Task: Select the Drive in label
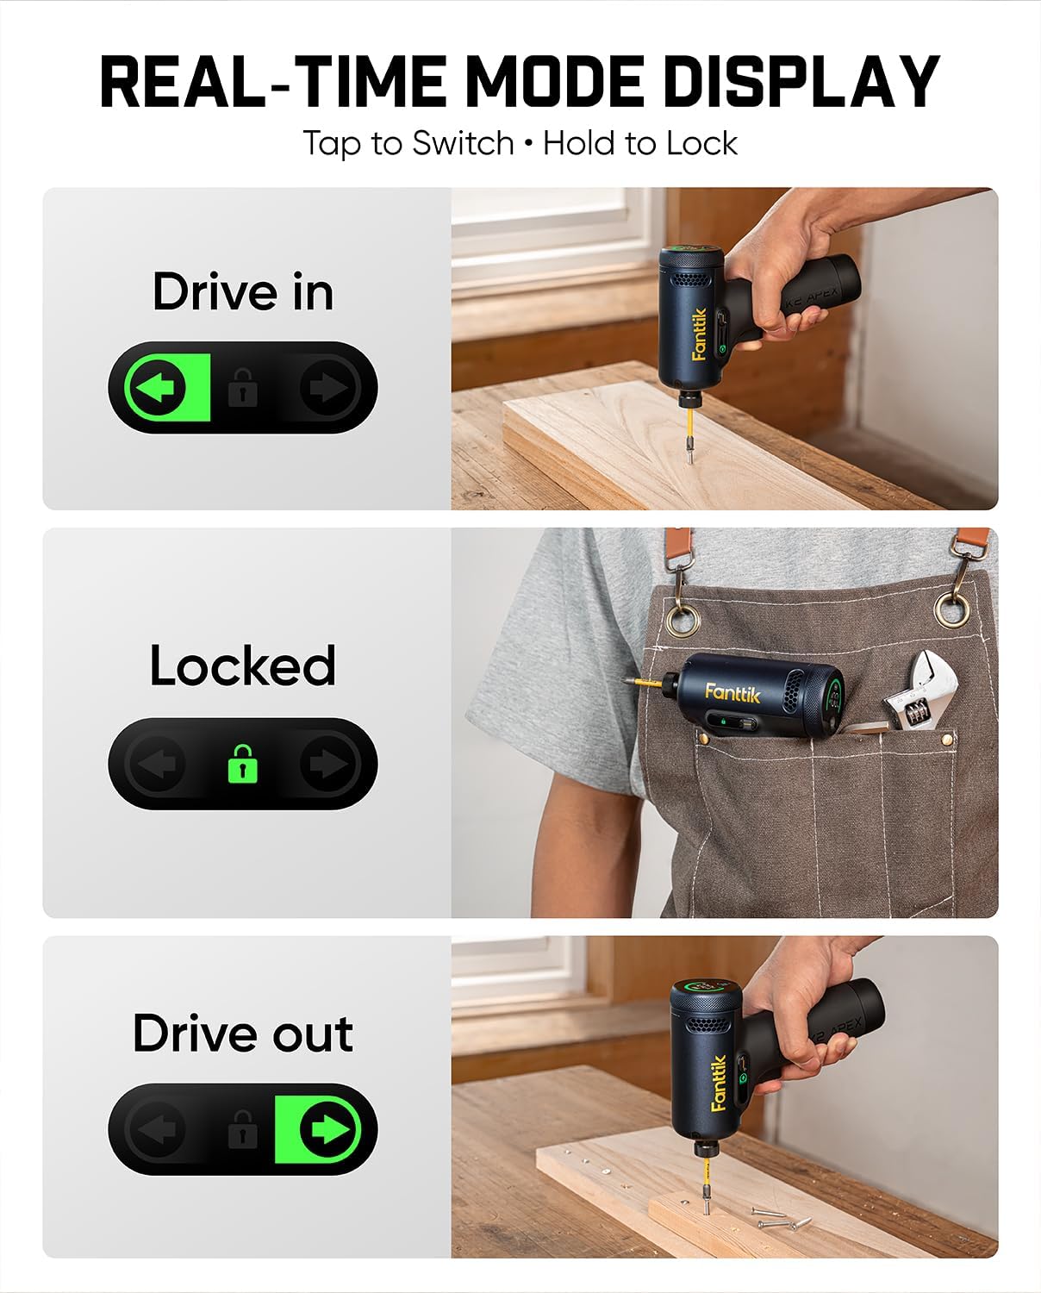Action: point(243,292)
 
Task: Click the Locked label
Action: point(242,665)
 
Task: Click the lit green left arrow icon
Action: point(158,388)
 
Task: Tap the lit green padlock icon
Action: point(243,763)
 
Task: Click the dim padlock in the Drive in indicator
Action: point(243,388)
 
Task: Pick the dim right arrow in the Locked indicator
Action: point(328,764)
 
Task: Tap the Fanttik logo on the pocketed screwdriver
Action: point(732,693)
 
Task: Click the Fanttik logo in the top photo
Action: point(699,334)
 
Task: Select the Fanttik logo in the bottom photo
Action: point(719,1084)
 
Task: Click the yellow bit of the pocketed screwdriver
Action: point(644,683)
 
